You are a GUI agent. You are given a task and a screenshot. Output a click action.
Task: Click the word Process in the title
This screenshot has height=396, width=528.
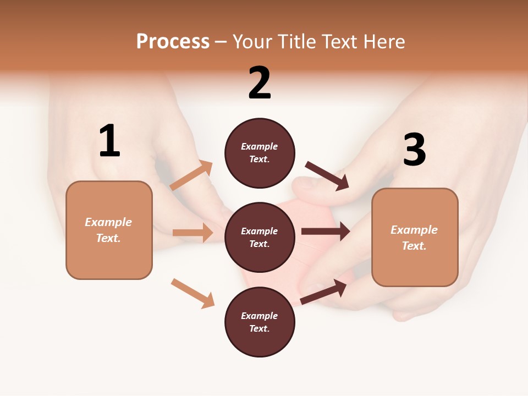point(173,42)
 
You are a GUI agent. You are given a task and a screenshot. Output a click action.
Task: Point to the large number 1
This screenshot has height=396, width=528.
point(109,141)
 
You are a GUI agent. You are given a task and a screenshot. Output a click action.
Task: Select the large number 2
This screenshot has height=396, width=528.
point(260,83)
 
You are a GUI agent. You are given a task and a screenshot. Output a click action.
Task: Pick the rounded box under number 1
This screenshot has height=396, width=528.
point(109,230)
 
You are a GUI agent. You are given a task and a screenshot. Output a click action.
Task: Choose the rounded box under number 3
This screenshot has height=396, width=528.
point(415,238)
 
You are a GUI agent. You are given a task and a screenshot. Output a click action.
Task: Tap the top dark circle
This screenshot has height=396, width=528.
point(260,153)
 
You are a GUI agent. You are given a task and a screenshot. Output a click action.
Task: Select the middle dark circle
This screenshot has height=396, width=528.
point(260,237)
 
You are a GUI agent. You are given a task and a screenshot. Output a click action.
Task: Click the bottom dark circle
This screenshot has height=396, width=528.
point(260,322)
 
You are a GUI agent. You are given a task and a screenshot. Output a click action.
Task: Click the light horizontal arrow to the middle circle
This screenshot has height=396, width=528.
point(193,233)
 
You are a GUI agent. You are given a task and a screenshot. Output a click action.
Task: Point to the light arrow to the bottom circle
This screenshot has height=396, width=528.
point(193,293)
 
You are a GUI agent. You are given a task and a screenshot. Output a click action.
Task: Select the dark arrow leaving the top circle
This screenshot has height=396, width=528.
point(327,176)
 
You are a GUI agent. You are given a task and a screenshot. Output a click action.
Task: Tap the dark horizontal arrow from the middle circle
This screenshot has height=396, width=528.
point(326,232)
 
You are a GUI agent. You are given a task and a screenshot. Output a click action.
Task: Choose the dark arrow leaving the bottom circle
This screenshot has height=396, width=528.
point(324,291)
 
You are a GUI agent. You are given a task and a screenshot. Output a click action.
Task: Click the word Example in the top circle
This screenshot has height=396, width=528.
point(260,147)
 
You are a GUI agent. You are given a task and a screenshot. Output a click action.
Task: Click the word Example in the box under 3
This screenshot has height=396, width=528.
point(414,230)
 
